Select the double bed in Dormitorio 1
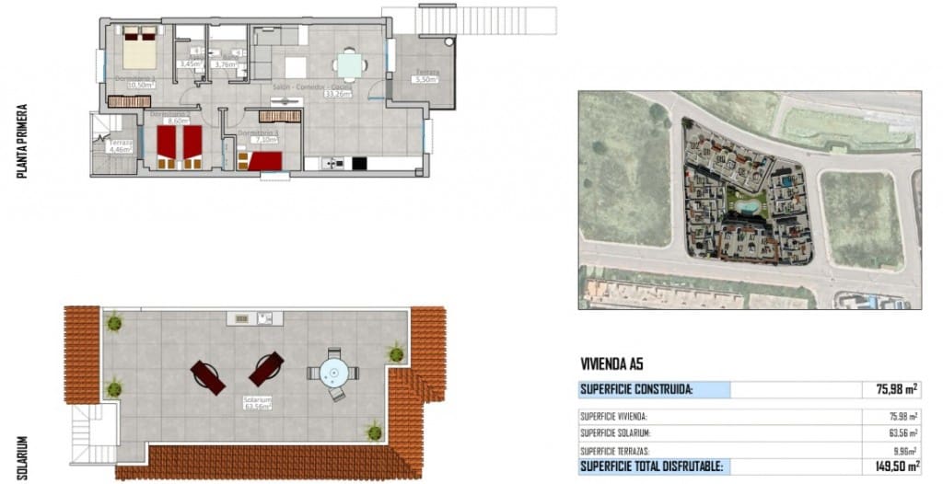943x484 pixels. pos(140,46)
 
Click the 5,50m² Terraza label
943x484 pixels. pos(425,81)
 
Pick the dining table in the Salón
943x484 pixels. pos(349,65)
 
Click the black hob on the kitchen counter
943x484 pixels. pos(358,164)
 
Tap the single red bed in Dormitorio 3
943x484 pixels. pos(262,161)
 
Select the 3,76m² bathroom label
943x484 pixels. pos(225,64)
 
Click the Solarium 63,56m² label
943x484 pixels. pos(257,404)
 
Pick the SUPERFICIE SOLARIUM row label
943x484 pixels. pos(615,432)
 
